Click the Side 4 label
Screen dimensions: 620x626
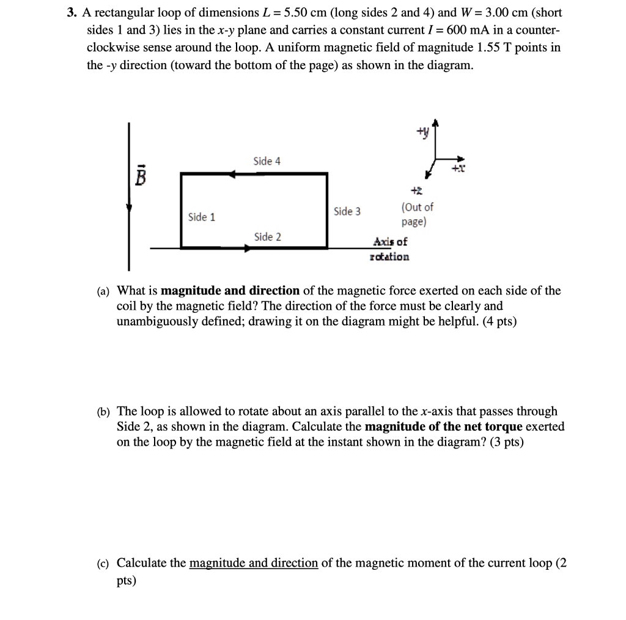(267, 162)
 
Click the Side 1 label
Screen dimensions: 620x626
(201, 217)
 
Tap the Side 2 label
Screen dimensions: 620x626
(267, 237)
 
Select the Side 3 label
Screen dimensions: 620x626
(347, 212)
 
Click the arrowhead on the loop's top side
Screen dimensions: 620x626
(232, 174)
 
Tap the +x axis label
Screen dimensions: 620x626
(457, 170)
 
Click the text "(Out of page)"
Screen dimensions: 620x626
(417, 215)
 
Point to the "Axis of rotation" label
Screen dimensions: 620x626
(390, 249)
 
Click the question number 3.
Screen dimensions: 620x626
(71, 13)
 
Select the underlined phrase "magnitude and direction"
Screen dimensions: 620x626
(254, 563)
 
